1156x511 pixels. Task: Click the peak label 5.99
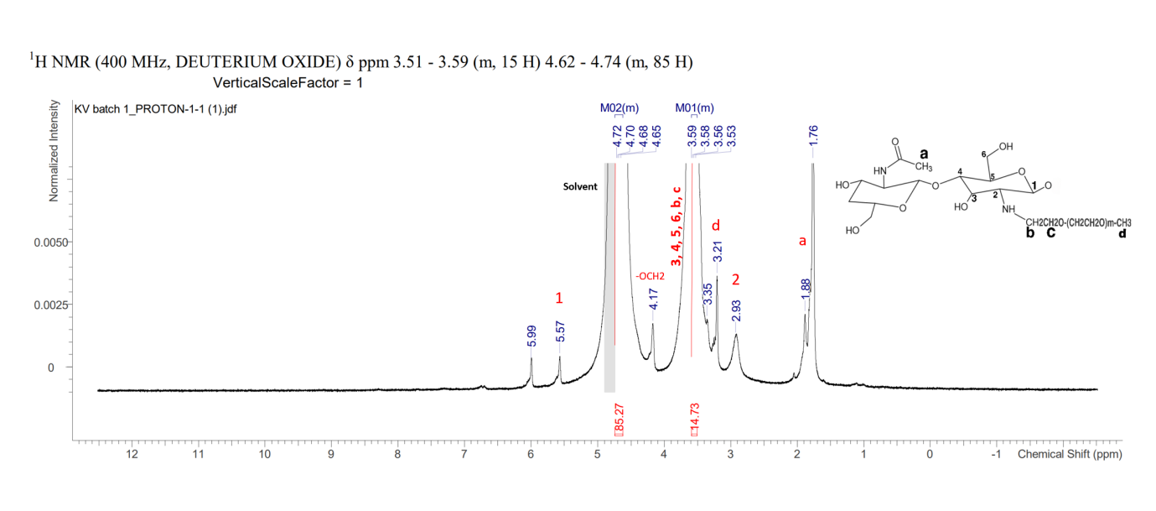(x=531, y=336)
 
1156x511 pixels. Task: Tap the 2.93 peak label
(x=736, y=310)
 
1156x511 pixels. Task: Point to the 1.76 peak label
(x=813, y=137)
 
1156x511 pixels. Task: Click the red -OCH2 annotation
(x=650, y=275)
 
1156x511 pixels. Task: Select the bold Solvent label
(x=579, y=186)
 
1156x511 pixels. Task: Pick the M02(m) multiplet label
(x=619, y=107)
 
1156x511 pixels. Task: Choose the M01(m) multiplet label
(x=695, y=107)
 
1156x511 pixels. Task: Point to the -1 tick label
(x=995, y=455)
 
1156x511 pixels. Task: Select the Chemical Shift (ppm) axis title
(x=1070, y=455)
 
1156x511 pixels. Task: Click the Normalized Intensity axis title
(x=54, y=151)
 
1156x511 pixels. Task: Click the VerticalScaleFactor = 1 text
(x=288, y=83)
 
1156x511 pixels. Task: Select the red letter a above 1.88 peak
(x=802, y=241)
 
